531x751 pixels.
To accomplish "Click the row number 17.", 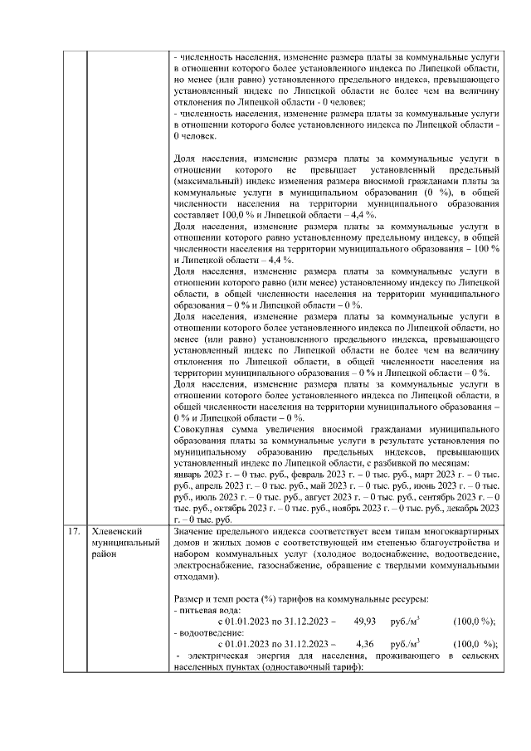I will (75, 530).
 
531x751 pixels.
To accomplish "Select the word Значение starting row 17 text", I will (198, 530).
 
